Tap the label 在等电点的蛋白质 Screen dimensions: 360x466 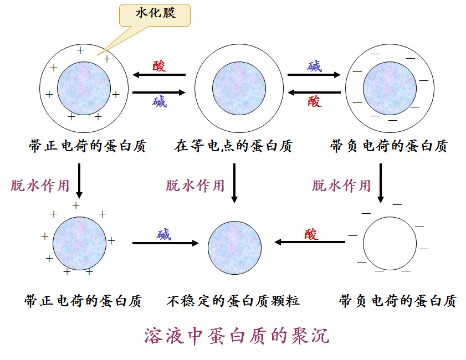233,146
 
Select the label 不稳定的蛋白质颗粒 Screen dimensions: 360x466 233,301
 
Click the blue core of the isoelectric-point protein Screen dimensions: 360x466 239,89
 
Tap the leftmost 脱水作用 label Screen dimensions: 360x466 40,185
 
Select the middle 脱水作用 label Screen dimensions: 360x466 195,185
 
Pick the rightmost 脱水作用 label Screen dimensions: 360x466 341,185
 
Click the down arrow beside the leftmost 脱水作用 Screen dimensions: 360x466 79,181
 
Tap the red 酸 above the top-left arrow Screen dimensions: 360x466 159,66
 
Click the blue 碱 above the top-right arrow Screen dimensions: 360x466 315,66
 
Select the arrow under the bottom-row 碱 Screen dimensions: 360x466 165,243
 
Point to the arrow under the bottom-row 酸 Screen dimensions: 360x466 310,242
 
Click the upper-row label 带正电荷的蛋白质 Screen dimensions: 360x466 87,146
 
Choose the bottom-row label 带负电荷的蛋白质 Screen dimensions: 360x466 397,301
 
